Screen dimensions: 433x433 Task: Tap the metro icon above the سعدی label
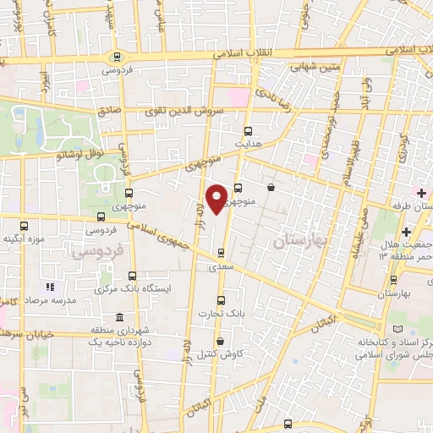221,252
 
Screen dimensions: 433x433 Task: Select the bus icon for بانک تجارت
221,300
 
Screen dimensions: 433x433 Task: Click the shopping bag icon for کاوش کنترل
221,342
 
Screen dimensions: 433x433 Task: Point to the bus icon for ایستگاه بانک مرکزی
132,276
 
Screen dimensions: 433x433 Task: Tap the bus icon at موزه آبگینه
25,226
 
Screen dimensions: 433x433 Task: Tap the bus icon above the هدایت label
248,131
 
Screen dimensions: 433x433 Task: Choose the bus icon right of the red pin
238,189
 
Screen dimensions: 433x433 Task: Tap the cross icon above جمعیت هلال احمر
407,232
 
